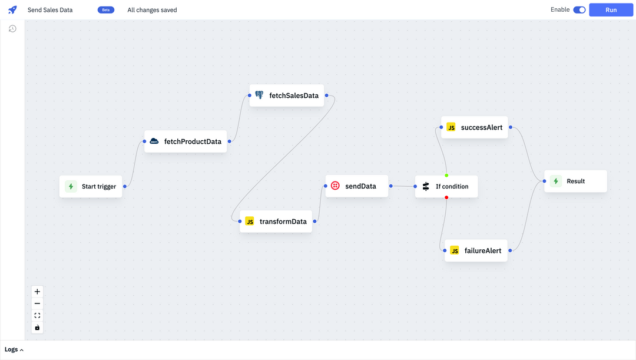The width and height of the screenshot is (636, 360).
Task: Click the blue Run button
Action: coord(611,10)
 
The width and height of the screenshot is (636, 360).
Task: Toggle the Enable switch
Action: coord(579,10)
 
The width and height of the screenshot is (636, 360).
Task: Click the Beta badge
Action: coord(106,10)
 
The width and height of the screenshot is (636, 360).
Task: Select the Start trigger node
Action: coord(91,186)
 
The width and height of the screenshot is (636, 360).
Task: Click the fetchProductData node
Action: coord(185,141)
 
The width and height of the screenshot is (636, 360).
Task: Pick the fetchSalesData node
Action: coord(287,95)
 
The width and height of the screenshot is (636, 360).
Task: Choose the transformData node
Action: coord(276,222)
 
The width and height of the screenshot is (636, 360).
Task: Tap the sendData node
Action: coord(357,186)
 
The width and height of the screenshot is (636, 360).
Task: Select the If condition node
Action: coord(446,186)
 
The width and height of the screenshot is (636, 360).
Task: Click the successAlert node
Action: coord(475,127)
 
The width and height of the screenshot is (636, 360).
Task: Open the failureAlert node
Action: coord(476,250)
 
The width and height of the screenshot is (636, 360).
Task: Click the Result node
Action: coord(575,181)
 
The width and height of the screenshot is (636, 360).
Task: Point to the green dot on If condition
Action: coord(446,176)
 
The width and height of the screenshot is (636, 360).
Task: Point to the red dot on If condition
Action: coord(446,197)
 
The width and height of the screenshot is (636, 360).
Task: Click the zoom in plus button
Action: coord(37,292)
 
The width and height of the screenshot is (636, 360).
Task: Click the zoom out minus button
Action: coord(37,303)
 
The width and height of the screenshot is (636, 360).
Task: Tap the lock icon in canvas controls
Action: coord(37,328)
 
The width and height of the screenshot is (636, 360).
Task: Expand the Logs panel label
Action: coord(14,349)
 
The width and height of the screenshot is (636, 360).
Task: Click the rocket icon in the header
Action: coord(12,10)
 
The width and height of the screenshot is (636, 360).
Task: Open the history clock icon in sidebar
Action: coord(12,29)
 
